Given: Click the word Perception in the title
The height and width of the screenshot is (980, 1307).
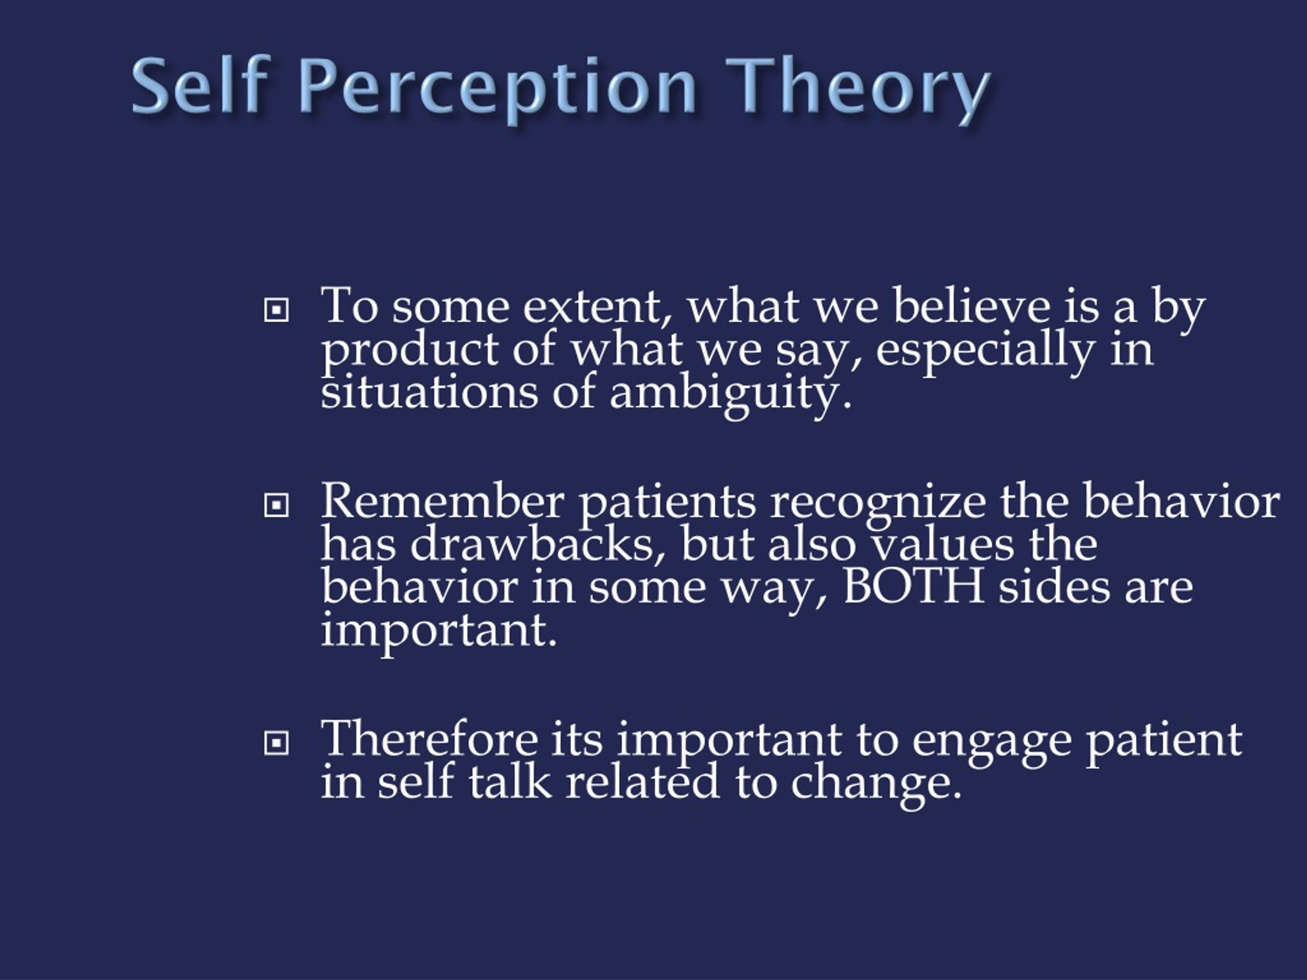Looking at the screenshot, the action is point(499,87).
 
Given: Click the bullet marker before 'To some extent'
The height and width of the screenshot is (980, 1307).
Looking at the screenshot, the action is point(276,309).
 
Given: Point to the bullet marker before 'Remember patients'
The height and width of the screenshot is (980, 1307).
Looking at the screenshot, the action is point(276,504).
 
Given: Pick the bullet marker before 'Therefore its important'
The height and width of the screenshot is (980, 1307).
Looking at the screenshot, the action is point(276,743).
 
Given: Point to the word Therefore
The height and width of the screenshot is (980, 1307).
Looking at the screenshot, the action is point(429,739).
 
